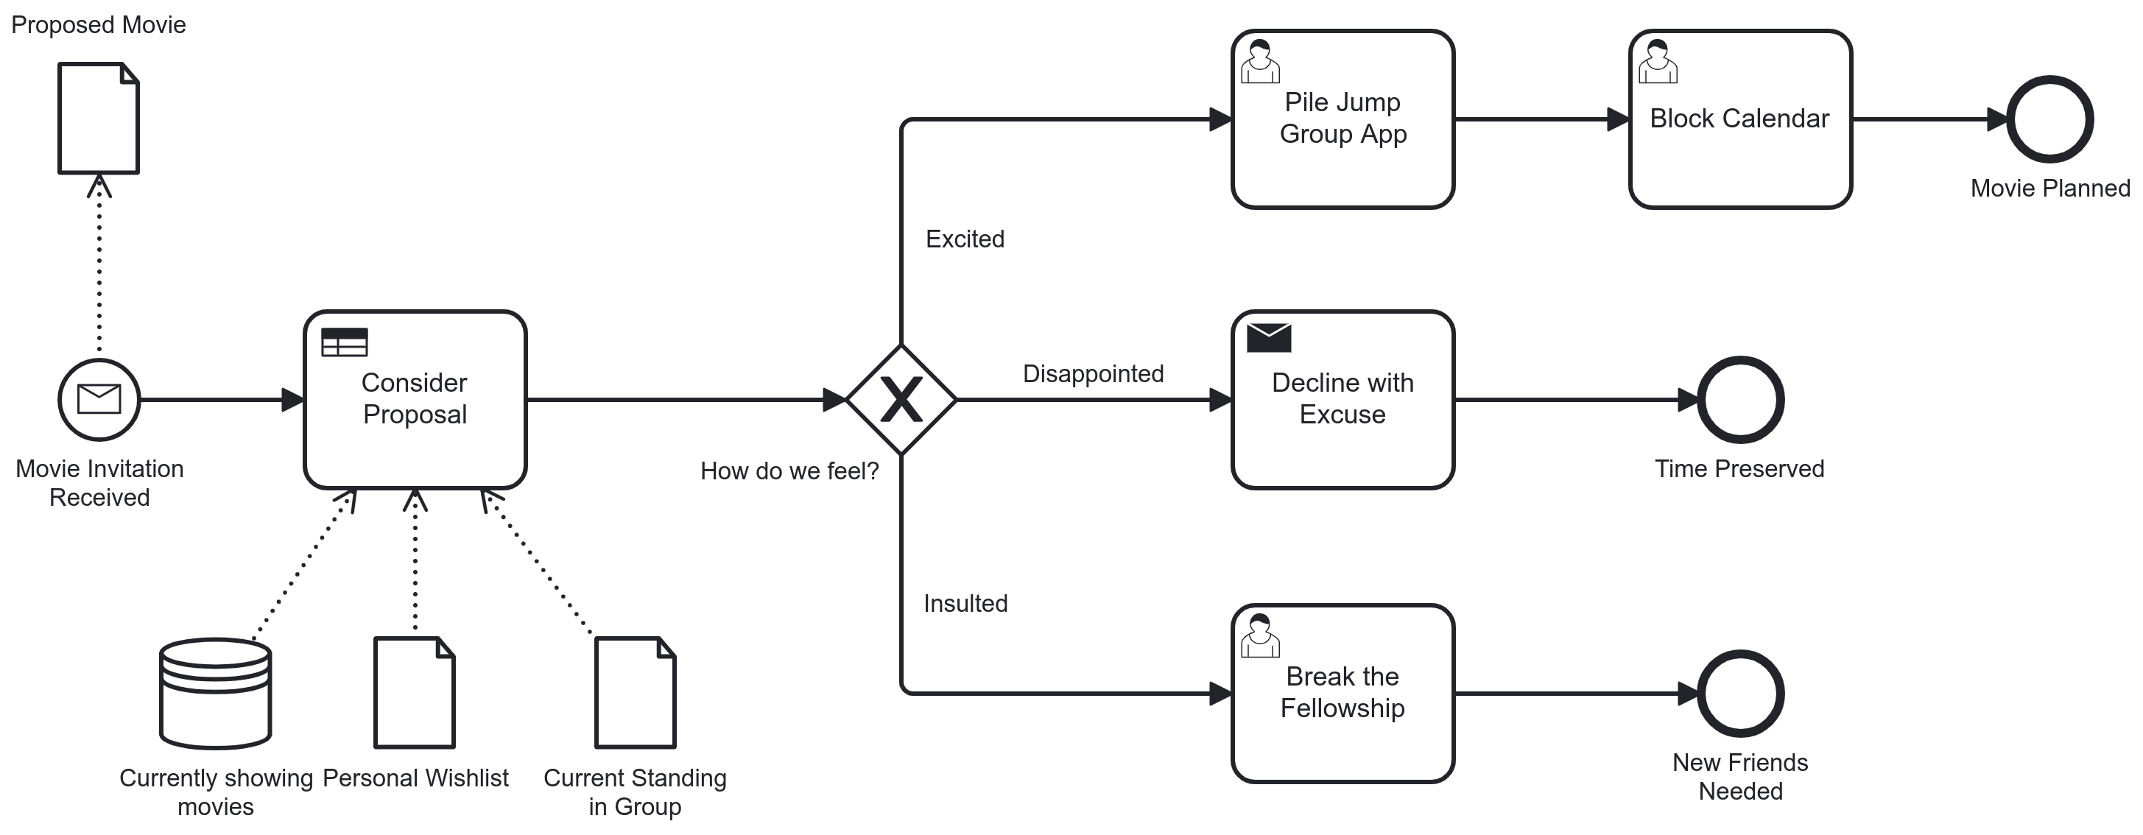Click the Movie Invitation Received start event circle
pyautogui.click(x=99, y=400)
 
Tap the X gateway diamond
pyautogui.click(x=901, y=400)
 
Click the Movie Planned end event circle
pyautogui.click(x=2049, y=120)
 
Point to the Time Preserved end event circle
pyautogui.click(x=1739, y=400)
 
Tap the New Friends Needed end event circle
pyautogui.click(x=1739, y=694)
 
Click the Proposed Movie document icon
pyautogui.click(x=98, y=118)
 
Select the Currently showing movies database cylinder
pyautogui.click(x=216, y=694)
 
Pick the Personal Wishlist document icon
pyautogui.click(x=415, y=693)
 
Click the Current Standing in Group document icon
pyautogui.click(x=635, y=693)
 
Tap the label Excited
pyautogui.click(x=964, y=239)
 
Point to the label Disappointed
pyautogui.click(x=1092, y=374)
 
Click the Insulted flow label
pyautogui.click(x=965, y=604)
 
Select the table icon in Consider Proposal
pyautogui.click(x=345, y=342)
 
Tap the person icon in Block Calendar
pyautogui.click(x=1657, y=63)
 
